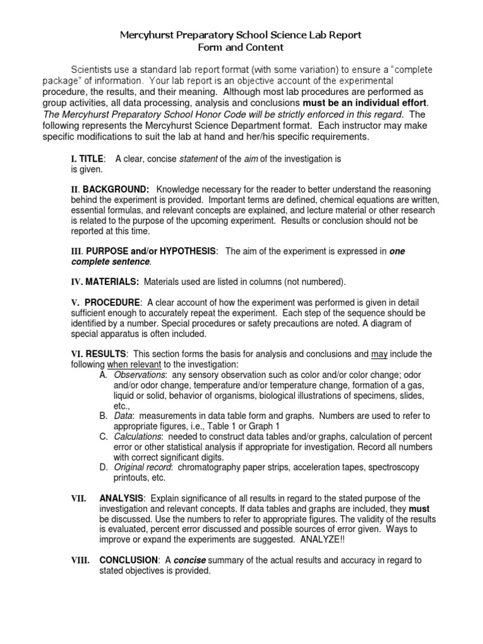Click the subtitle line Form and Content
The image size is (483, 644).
click(241, 47)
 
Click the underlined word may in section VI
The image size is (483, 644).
click(380, 354)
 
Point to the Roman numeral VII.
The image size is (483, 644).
click(79, 499)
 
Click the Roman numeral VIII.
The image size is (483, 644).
click(80, 560)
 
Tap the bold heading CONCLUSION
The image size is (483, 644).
click(129, 560)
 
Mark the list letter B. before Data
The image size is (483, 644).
click(103, 416)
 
